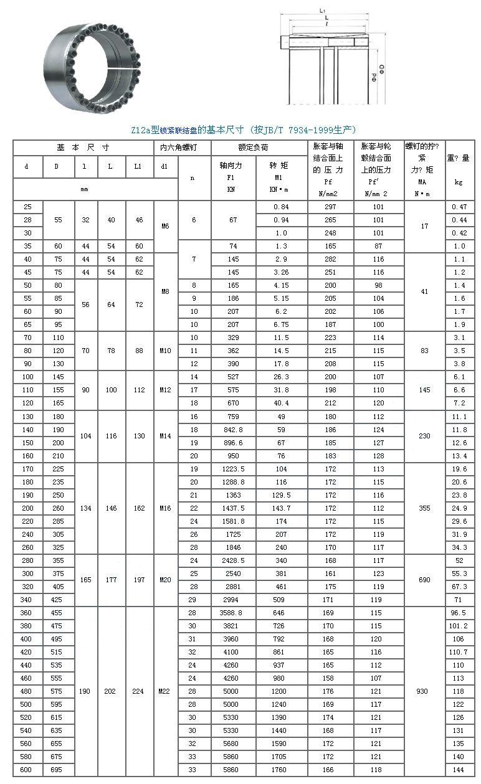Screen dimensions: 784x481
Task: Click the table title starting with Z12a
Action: click(x=243, y=130)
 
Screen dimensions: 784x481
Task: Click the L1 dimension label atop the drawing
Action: click(x=323, y=11)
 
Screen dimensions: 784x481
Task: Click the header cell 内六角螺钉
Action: click(x=179, y=148)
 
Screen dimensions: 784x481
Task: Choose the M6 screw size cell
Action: click(x=165, y=226)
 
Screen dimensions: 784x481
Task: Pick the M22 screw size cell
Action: click(x=164, y=691)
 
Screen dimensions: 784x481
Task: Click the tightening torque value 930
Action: click(x=424, y=691)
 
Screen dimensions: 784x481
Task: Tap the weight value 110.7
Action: click(x=459, y=652)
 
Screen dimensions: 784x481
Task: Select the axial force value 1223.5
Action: click(x=234, y=470)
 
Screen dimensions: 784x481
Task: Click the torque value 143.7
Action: click(x=281, y=508)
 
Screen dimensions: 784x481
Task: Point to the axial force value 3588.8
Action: click(x=234, y=613)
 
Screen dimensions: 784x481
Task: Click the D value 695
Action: click(x=57, y=770)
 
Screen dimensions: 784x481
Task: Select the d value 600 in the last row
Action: click(x=27, y=770)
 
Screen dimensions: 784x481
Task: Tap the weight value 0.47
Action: click(x=459, y=207)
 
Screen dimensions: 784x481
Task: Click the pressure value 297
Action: click(x=330, y=207)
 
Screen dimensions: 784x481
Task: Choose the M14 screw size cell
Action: click(x=164, y=436)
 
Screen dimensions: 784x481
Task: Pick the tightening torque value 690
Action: click(x=424, y=580)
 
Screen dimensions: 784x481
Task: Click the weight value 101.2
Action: click(x=459, y=626)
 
